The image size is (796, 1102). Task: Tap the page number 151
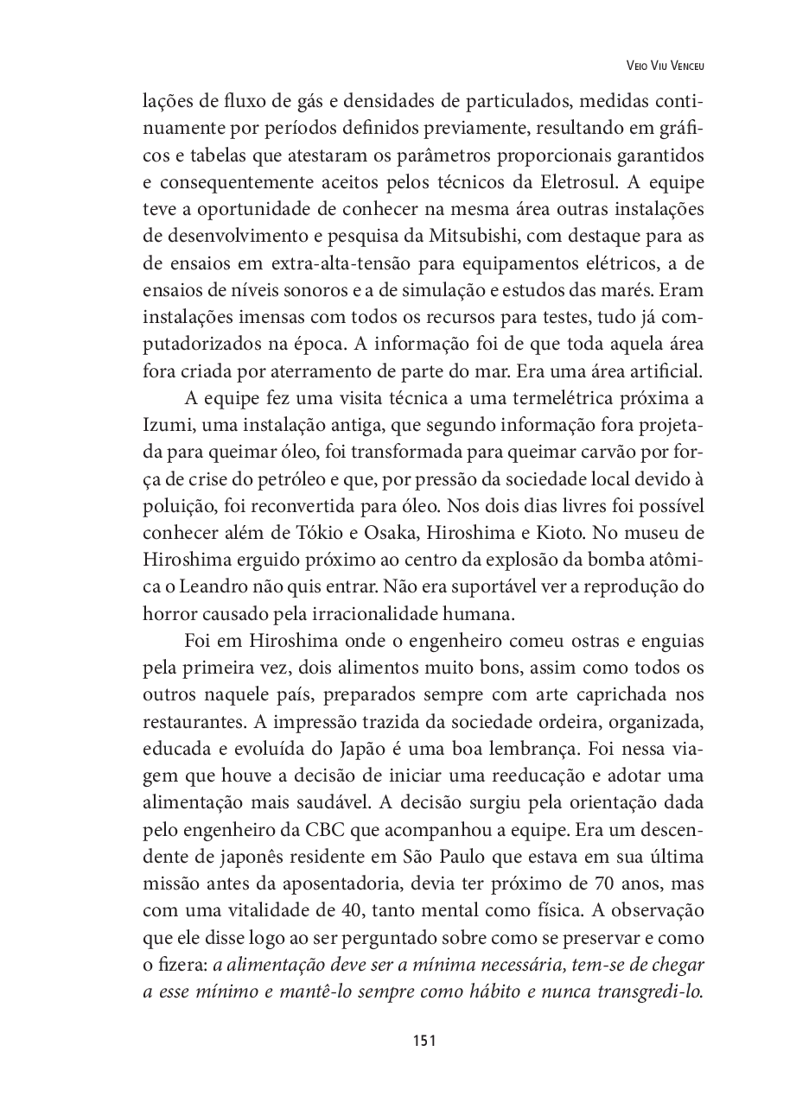[x=423, y=1041]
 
